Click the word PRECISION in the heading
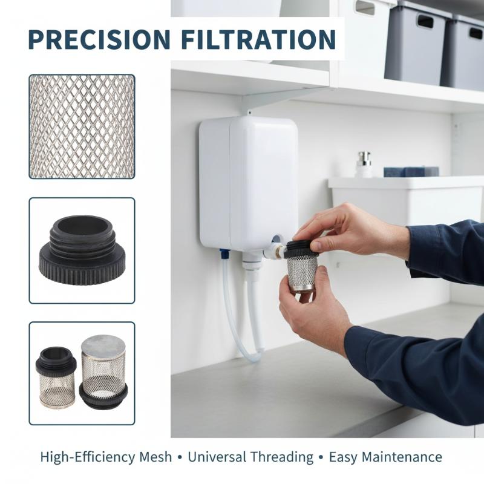tap(99, 39)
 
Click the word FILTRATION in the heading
tap(258, 39)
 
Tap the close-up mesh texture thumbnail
tap(82, 126)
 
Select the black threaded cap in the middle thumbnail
tap(82, 250)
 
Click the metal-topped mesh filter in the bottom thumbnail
tap(103, 372)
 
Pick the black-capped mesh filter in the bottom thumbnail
tap(56, 377)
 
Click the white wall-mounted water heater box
tap(249, 183)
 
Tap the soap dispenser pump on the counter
tap(364, 165)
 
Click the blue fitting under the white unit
tap(224, 253)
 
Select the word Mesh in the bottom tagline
tap(155, 457)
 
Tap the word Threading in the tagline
tap(282, 457)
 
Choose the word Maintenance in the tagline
tap(402, 457)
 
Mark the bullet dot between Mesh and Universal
tap(180, 457)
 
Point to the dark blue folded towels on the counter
tap(411, 172)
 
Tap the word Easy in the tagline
tap(342, 457)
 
